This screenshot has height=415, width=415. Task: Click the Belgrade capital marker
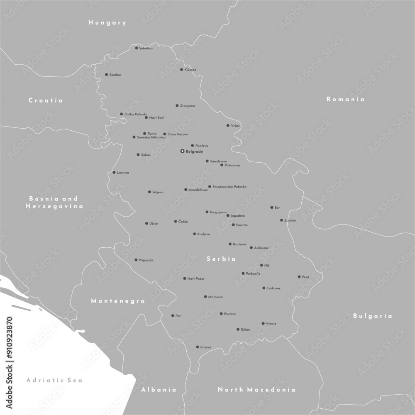[182, 151]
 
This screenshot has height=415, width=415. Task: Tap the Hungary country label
[107, 23]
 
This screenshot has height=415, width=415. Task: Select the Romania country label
[345, 99]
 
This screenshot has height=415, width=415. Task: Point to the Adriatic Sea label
[54, 380]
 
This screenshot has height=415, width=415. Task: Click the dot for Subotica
[137, 48]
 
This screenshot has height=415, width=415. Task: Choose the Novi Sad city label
[156, 118]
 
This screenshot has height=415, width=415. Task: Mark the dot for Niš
[261, 265]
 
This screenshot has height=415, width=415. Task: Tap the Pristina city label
[230, 314]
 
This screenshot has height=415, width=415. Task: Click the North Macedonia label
[256, 390]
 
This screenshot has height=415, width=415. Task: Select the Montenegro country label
[118, 301]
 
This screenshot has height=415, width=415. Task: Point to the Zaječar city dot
[281, 220]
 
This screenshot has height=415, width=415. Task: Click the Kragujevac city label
[219, 212]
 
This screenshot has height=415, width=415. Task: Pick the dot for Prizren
[198, 347]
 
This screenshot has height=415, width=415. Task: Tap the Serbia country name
[221, 259]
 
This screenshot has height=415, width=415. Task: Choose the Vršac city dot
[228, 125]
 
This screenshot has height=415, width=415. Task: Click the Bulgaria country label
[372, 316]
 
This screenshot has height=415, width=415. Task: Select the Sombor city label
[115, 75]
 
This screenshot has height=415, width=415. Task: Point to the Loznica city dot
[114, 172]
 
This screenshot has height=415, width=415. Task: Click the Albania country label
[159, 390]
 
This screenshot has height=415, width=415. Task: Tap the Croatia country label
[45, 100]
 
